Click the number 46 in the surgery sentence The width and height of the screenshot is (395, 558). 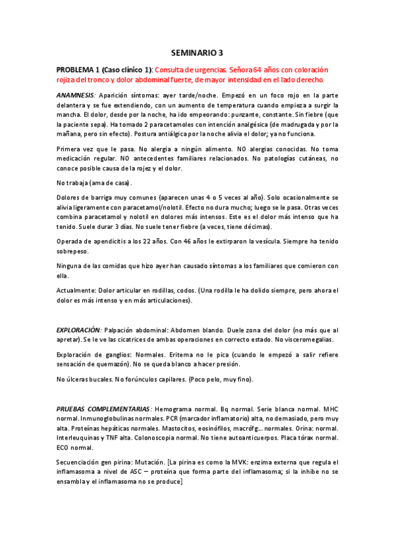(x=200, y=241)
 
